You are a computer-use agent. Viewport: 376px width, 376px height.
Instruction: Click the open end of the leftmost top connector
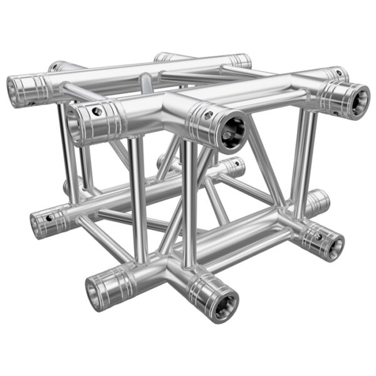coord(17,89)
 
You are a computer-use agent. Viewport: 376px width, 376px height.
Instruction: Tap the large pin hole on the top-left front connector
coord(95,111)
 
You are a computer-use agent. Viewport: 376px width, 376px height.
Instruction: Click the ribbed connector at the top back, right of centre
coord(237,61)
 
